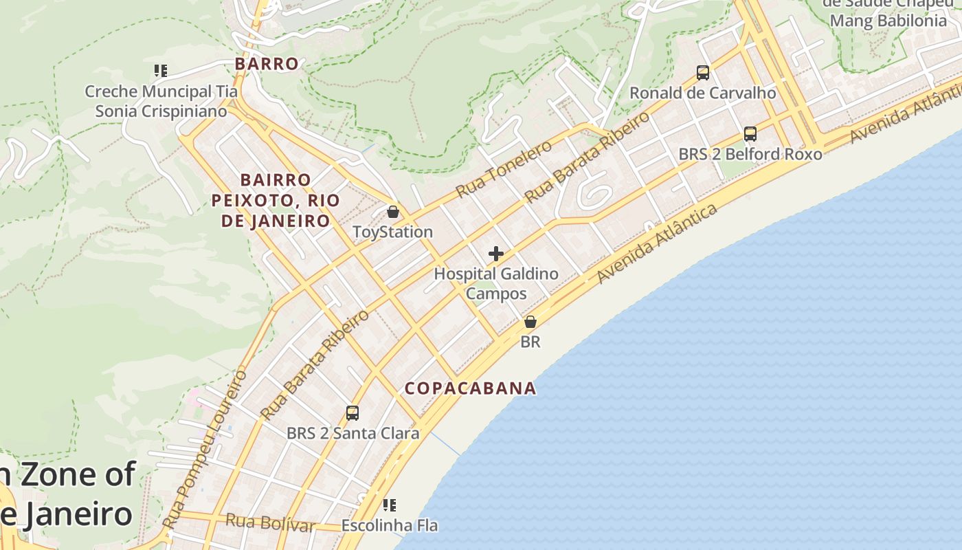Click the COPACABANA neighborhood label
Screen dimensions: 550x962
click(x=470, y=388)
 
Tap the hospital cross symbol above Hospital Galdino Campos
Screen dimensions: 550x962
click(x=495, y=254)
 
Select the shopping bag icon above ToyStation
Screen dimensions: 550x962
click(x=393, y=212)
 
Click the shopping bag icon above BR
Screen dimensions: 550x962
click(x=530, y=321)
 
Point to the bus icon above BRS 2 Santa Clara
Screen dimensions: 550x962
click(x=352, y=412)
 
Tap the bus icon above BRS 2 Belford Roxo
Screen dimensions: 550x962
click(x=750, y=134)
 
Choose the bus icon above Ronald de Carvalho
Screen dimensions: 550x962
click(x=702, y=72)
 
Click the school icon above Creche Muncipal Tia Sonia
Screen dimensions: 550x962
click(x=161, y=71)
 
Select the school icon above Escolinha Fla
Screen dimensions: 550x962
click(x=390, y=505)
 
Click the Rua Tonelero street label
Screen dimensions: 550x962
click(x=504, y=168)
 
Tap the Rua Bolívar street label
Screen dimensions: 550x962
click(x=270, y=523)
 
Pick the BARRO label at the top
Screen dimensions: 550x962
click(x=267, y=64)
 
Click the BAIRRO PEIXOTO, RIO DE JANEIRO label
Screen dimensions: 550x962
click(x=276, y=200)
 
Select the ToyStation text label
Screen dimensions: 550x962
click(x=392, y=232)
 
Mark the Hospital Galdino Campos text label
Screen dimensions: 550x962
click(x=496, y=283)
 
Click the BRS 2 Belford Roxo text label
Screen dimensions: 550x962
click(x=750, y=154)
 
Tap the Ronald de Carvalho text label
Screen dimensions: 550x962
click(x=703, y=93)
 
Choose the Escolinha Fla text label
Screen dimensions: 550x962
click(x=390, y=526)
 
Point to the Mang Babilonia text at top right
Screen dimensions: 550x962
click(x=888, y=21)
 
